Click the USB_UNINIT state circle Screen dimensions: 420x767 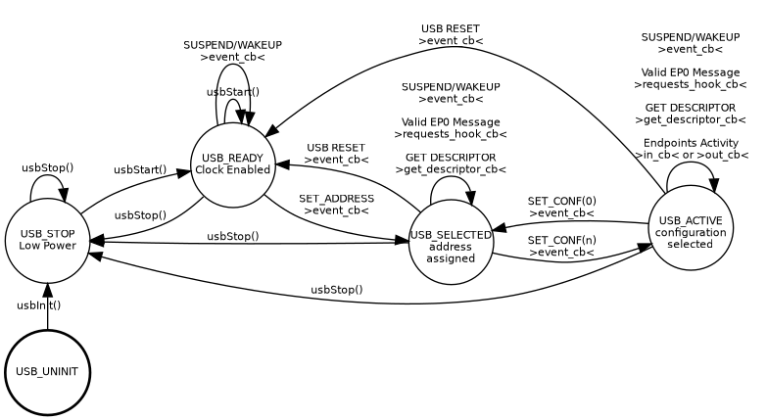[x=47, y=372]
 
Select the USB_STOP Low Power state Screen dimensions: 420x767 [x=47, y=239]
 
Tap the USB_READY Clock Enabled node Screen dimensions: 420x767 [x=232, y=164]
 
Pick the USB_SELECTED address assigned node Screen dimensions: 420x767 [x=451, y=246]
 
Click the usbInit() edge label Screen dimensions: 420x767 [x=39, y=305]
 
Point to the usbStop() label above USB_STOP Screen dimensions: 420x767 [x=48, y=167]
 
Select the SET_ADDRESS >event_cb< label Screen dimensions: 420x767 [x=336, y=205]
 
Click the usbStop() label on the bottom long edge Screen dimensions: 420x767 [x=337, y=290]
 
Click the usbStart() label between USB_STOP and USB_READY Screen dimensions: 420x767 [x=140, y=170]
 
